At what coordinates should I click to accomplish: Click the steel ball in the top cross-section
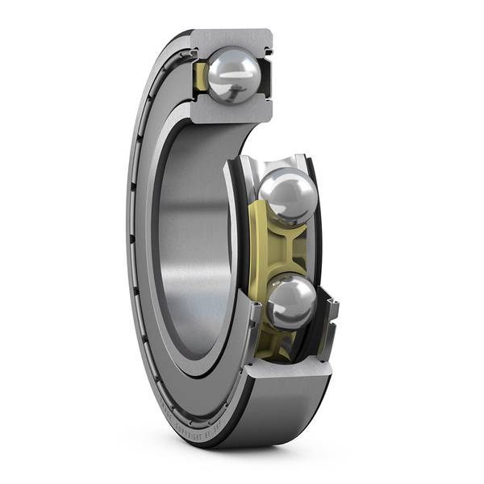pyautogui.click(x=234, y=75)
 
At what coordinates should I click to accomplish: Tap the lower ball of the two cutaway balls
pyautogui.click(x=290, y=302)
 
